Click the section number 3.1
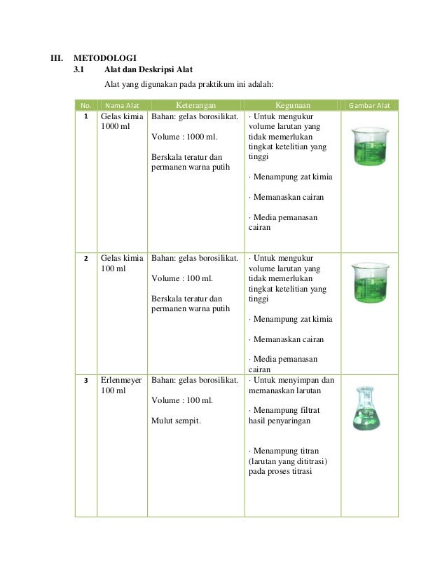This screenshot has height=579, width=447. tap(81, 70)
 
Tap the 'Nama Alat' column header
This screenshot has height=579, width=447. tap(122, 106)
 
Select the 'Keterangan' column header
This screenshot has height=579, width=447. tap(195, 106)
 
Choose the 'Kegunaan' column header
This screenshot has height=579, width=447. tap(292, 106)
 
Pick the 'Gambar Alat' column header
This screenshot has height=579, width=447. tap(369, 106)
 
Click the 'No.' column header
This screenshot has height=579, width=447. tap(85, 106)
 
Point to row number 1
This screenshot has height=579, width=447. tap(85, 117)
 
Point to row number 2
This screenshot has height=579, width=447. tap(85, 258)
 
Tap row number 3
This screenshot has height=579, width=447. tap(85, 381)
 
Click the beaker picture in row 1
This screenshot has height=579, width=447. tap(369, 146)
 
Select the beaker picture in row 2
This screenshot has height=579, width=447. tap(369, 282)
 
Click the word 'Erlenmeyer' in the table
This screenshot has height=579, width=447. tap(121, 380)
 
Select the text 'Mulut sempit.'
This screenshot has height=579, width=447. tap(174, 421)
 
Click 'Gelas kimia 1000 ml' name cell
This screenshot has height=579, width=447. tap(122, 122)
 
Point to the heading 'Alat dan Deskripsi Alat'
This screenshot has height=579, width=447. tap(148, 70)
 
